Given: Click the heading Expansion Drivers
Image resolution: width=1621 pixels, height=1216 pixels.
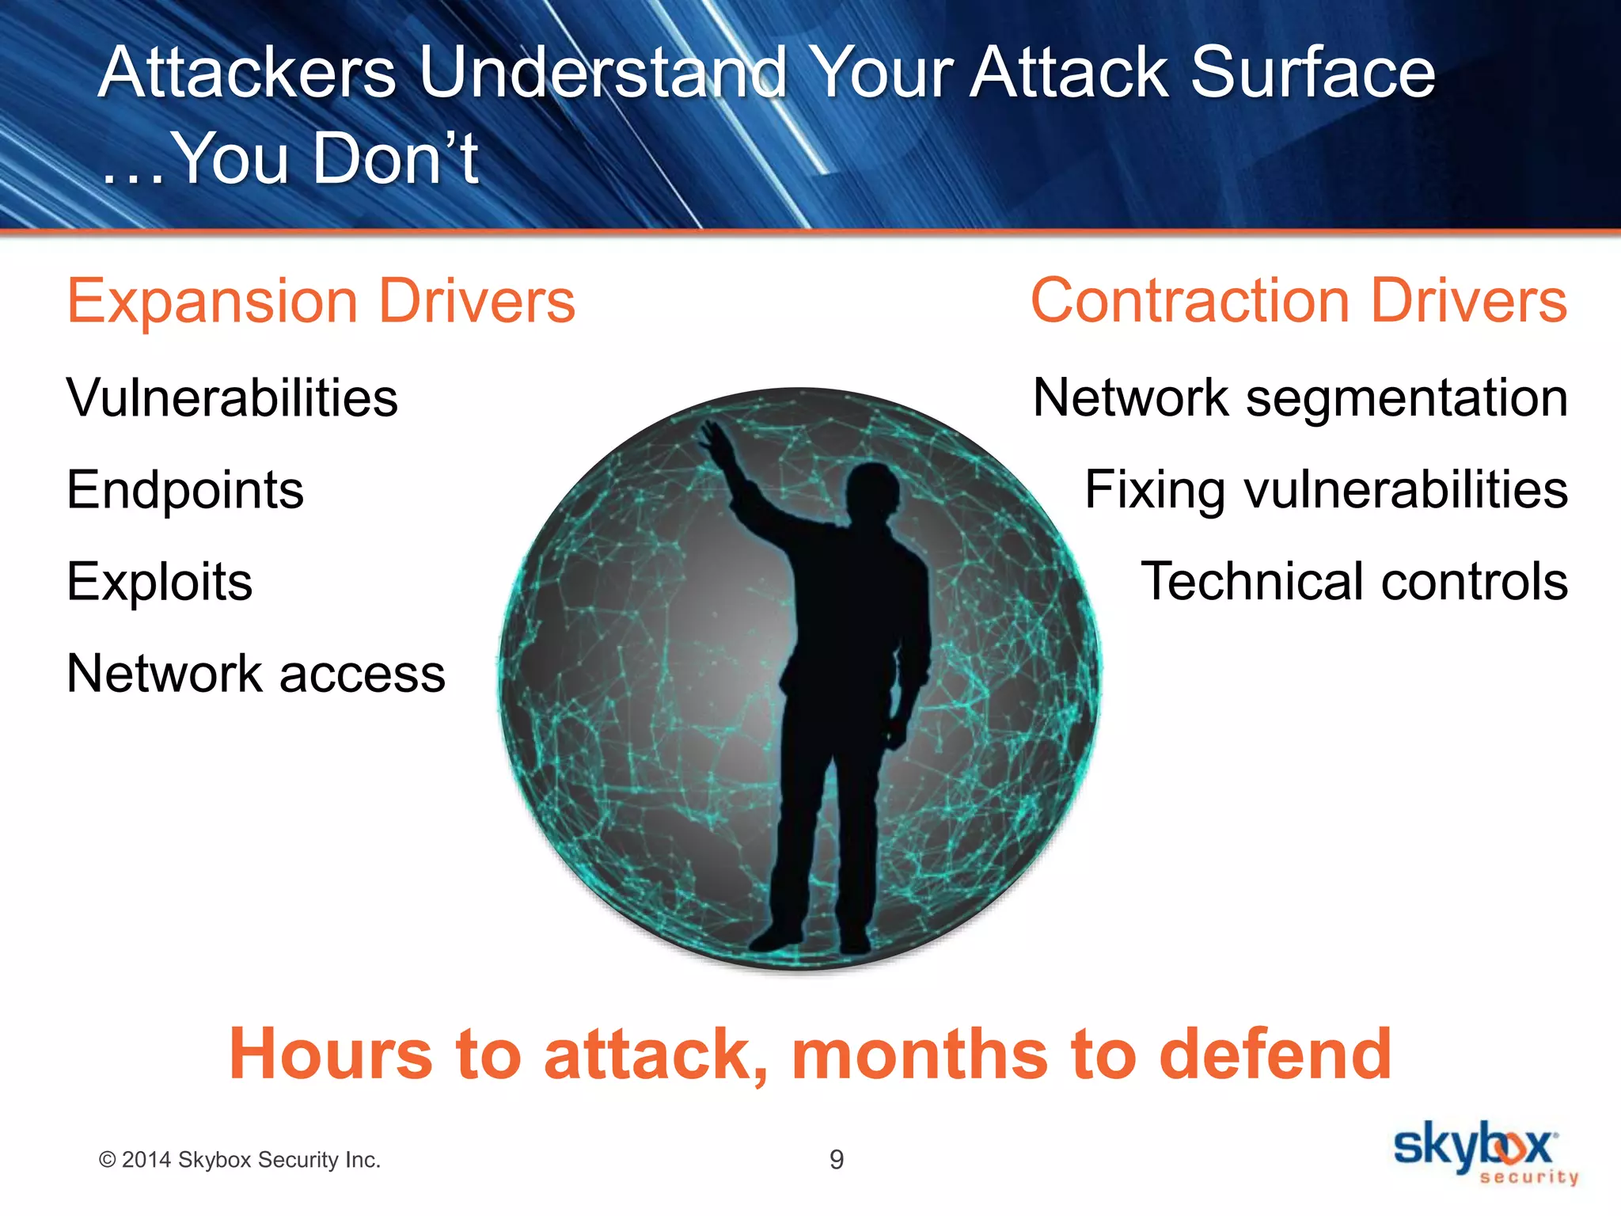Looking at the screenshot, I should point(321,302).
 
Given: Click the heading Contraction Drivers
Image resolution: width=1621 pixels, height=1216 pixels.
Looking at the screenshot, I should point(1298,302).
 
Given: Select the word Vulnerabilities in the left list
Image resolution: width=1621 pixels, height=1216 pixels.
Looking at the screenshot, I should point(232,397).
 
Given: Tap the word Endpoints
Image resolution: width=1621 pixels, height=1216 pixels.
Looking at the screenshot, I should point(185,490).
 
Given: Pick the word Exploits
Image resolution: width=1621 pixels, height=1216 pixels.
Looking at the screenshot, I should point(159,582).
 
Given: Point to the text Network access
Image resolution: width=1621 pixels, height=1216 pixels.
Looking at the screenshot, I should point(256,674).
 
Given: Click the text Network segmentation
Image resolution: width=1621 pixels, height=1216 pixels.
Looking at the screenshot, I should point(1300,397).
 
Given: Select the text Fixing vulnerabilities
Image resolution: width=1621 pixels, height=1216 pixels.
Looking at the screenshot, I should point(1326,490).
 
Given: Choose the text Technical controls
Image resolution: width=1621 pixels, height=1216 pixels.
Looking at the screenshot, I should point(1353,582).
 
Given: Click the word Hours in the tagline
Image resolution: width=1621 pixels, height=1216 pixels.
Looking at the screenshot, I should point(331,1054).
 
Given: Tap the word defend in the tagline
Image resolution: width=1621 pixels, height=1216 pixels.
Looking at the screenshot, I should point(1274,1054).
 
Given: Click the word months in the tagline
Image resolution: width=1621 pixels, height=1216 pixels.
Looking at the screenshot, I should point(918,1054).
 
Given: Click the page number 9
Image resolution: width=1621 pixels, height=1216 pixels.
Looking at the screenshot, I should point(837,1160).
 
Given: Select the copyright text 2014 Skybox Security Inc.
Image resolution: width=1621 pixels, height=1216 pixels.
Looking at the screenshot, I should point(240,1160).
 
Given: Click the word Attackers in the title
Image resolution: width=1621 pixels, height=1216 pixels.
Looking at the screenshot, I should point(247,73).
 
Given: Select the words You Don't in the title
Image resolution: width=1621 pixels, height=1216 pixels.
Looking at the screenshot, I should point(325,158).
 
